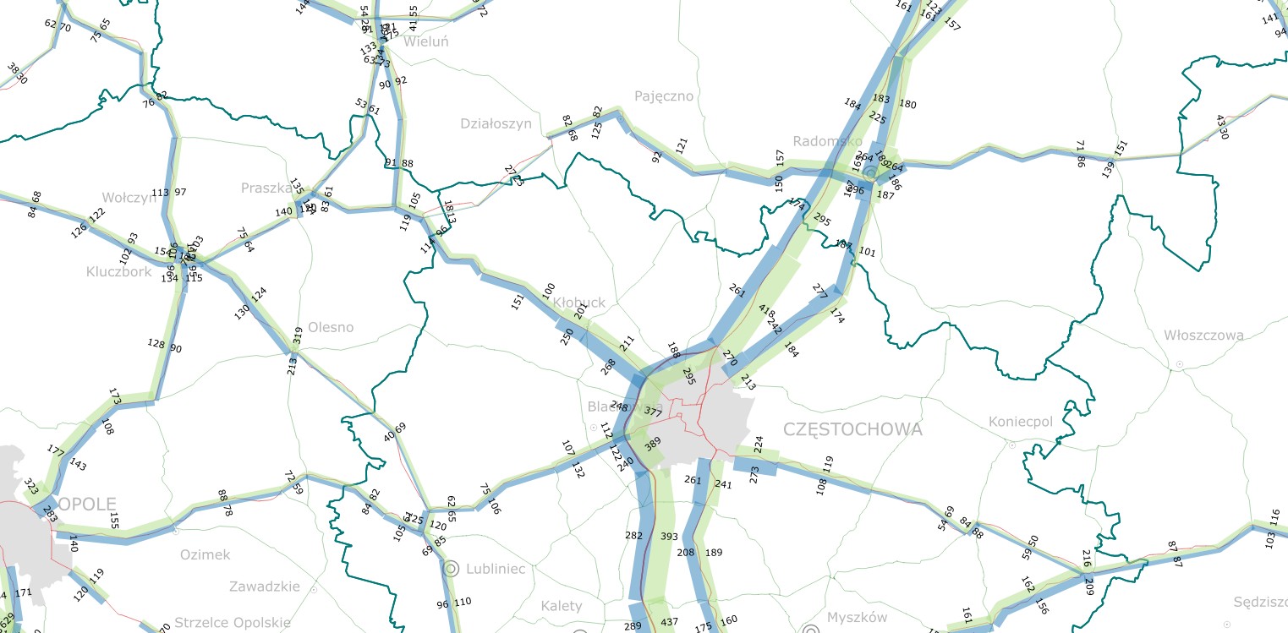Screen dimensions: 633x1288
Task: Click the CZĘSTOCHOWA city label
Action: point(852,429)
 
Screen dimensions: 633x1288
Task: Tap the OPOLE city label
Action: point(88,505)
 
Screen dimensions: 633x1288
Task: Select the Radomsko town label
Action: point(827,141)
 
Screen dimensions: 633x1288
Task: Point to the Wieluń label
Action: point(426,41)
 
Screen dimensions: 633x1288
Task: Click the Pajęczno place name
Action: point(664,96)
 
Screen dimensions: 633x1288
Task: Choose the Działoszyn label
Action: point(496,123)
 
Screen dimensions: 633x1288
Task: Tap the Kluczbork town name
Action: point(118,272)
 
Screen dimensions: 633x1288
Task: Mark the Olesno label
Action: point(331,327)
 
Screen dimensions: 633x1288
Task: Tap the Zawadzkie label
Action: point(264,587)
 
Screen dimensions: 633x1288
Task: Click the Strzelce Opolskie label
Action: point(233,623)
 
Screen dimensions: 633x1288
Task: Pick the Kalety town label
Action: point(562,606)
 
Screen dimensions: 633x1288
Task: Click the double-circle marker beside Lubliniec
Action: point(451,568)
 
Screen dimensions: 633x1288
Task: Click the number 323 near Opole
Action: point(31,488)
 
